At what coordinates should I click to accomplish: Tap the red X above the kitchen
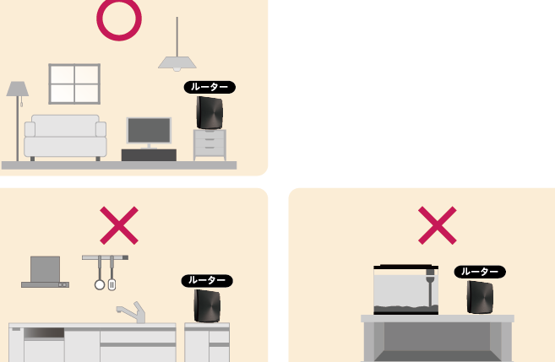(x=119, y=225)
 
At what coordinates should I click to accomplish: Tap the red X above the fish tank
(x=437, y=225)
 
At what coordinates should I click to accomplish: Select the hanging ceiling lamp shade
(x=177, y=63)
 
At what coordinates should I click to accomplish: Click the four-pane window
(x=74, y=84)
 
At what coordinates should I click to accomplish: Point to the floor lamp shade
(x=18, y=89)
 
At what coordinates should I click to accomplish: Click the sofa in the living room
(x=65, y=138)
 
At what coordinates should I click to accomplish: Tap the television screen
(x=149, y=130)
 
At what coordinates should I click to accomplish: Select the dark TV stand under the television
(x=149, y=154)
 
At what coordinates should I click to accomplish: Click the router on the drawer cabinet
(x=209, y=113)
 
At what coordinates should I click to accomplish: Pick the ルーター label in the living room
(x=209, y=87)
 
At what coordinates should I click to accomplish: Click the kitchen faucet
(x=133, y=312)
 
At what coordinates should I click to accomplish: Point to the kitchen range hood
(x=45, y=272)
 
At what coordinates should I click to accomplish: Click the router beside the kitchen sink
(x=207, y=306)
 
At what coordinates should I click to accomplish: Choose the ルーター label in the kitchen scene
(x=207, y=280)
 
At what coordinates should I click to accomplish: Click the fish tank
(x=406, y=289)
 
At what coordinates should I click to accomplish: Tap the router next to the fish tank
(x=480, y=297)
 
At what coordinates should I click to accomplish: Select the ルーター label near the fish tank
(x=480, y=272)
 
